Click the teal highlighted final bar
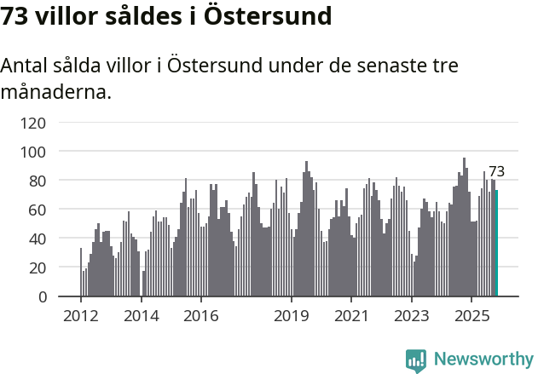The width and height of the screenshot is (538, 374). click(496, 244)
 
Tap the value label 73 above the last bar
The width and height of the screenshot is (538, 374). click(496, 171)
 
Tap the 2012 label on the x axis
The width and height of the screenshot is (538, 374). click(81, 317)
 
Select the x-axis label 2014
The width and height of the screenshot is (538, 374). click(141, 317)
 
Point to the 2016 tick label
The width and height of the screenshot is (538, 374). click(200, 317)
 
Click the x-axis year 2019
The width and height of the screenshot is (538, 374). click(291, 317)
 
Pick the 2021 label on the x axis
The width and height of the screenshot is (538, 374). click(350, 317)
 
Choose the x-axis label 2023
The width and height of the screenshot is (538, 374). click(411, 317)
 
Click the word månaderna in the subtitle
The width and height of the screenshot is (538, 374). click(56, 91)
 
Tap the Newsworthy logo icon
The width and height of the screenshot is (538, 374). click(416, 360)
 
